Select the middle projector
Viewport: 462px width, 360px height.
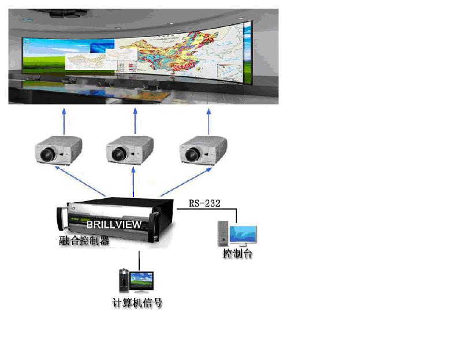130,149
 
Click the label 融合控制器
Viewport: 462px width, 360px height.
84,241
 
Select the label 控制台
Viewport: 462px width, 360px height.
237,254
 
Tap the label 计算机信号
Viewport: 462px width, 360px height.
137,302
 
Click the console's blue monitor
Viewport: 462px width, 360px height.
243,234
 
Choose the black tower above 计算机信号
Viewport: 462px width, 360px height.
123,280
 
